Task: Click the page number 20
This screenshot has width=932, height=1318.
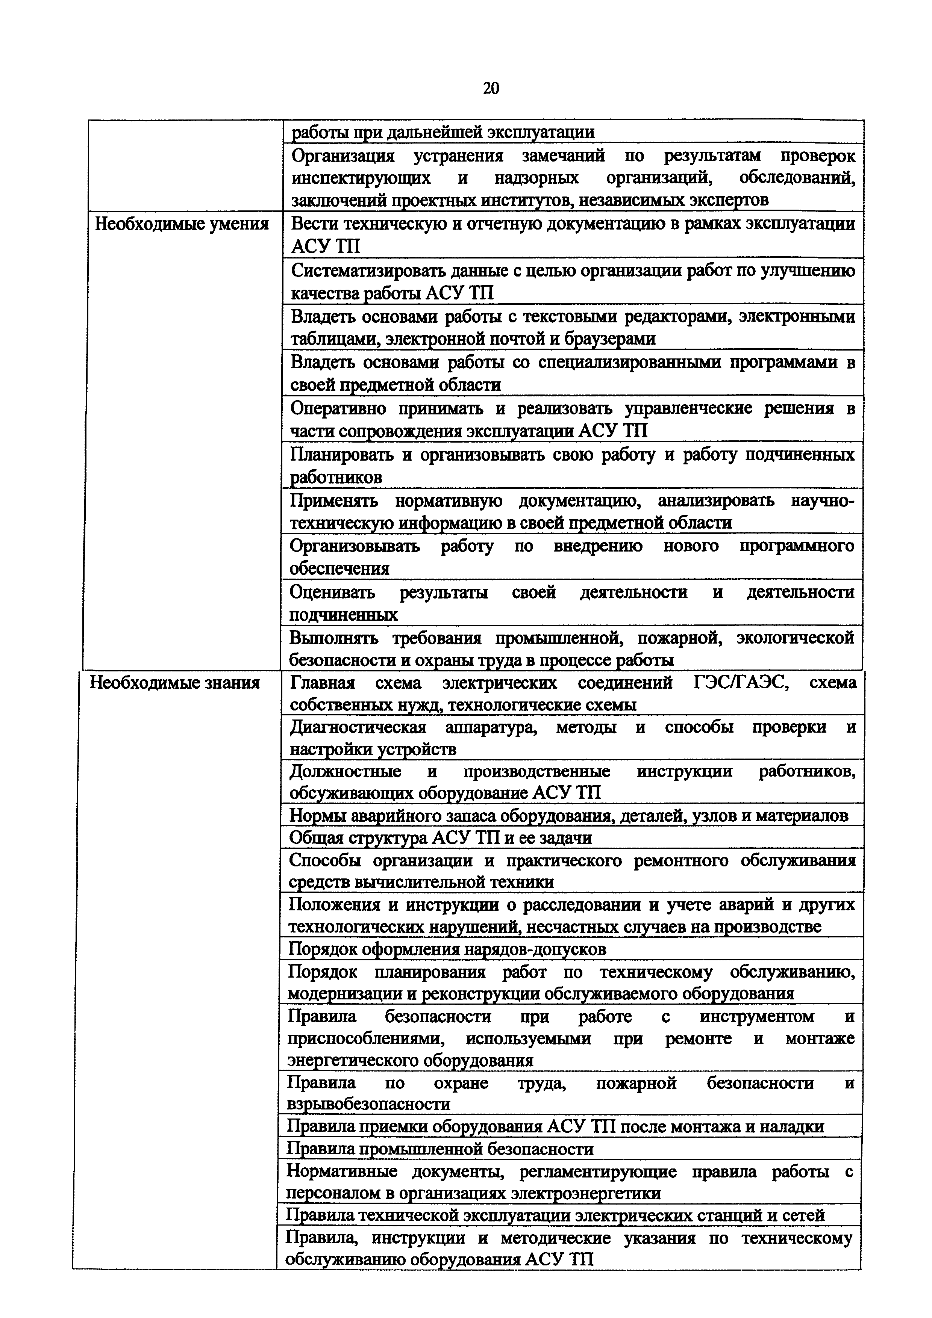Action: coord(491,88)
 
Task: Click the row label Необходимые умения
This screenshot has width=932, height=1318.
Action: coord(182,223)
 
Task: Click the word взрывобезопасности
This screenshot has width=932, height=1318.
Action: coord(368,1104)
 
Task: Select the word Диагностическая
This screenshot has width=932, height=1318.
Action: coord(358,727)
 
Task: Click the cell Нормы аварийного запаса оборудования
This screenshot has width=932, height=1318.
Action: coord(568,816)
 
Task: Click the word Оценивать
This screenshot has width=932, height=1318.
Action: coord(332,592)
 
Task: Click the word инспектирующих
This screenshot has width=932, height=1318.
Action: coord(361,178)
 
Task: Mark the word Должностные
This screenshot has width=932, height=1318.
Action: coord(345,771)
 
